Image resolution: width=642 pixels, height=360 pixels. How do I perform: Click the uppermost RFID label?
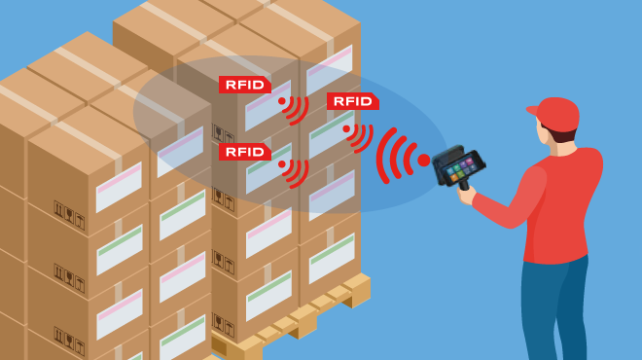point(244,85)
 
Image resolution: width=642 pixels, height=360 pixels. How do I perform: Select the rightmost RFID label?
point(352,101)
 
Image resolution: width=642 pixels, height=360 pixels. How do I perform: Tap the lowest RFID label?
point(244,152)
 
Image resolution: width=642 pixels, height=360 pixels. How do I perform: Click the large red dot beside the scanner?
point(423,160)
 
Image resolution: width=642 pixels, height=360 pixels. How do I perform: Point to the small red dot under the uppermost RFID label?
point(282,100)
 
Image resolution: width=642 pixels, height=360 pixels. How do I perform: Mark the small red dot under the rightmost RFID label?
point(346,127)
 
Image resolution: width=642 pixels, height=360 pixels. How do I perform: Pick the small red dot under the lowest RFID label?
point(282,164)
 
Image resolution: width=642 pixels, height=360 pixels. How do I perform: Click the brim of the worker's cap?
point(534,108)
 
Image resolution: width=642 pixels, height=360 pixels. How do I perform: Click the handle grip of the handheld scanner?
point(464,183)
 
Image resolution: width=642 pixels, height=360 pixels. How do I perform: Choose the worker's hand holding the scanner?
point(469,194)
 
